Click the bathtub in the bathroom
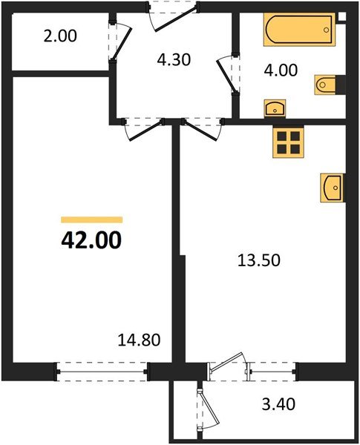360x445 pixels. coord(298,32)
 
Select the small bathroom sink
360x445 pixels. coord(275,108)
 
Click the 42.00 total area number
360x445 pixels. coord(91,241)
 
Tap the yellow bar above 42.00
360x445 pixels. coord(91,220)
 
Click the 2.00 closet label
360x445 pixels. coord(61,36)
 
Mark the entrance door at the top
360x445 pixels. coord(174,14)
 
